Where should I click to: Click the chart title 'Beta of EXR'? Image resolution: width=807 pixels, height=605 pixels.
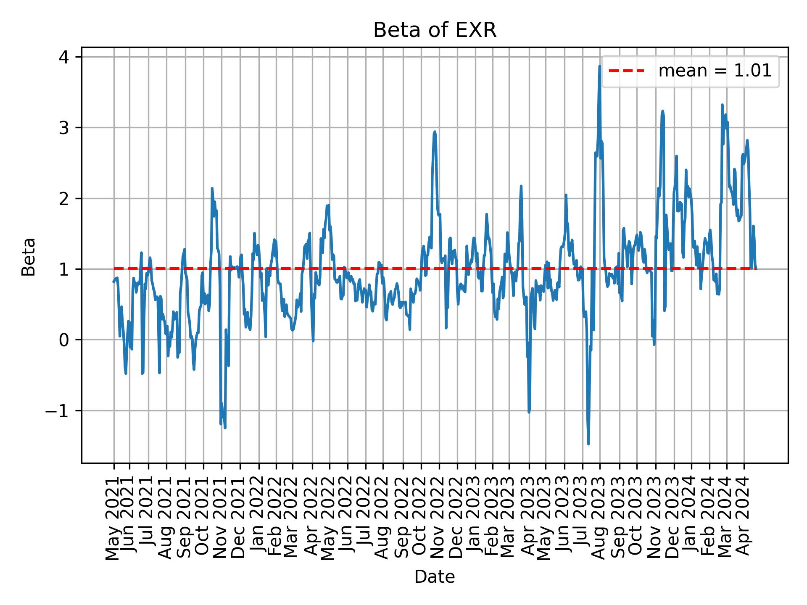435,30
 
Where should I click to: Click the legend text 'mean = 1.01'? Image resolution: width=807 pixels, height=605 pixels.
715,71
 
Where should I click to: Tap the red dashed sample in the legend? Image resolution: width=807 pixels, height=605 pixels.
626,71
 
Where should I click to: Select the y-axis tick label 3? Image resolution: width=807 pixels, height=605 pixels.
64,128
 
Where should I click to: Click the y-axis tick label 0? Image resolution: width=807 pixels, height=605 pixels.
64,340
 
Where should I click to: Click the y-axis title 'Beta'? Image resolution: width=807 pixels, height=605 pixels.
29,257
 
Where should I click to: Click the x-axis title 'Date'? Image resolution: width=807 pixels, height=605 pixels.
435,577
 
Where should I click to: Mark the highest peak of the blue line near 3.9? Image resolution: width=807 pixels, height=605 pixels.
600,66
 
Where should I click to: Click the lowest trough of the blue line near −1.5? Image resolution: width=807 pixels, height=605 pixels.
588,444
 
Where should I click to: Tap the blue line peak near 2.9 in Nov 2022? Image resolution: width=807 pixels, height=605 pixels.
435,132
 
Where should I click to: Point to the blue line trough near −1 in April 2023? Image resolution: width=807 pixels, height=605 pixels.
529,412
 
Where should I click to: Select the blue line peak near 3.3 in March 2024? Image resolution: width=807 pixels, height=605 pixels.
722,105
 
